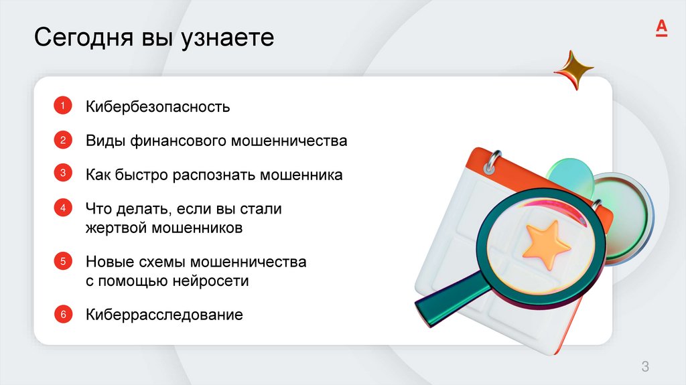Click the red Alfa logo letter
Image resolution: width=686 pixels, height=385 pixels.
[661, 27]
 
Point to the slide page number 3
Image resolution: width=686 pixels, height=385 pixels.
[645, 366]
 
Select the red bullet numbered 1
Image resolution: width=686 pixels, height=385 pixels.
[62, 105]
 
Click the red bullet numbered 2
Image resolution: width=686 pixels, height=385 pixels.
[62, 140]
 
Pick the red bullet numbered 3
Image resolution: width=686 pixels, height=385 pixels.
[62, 174]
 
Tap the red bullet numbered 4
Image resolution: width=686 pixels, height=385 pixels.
[62, 208]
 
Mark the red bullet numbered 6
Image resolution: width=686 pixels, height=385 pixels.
[62, 313]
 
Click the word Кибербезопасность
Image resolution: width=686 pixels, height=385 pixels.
[157, 106]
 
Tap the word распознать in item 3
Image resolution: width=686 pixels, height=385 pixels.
[214, 175]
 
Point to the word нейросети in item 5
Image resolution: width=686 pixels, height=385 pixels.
[210, 281]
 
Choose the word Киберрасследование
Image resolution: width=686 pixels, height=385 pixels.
[163, 315]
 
